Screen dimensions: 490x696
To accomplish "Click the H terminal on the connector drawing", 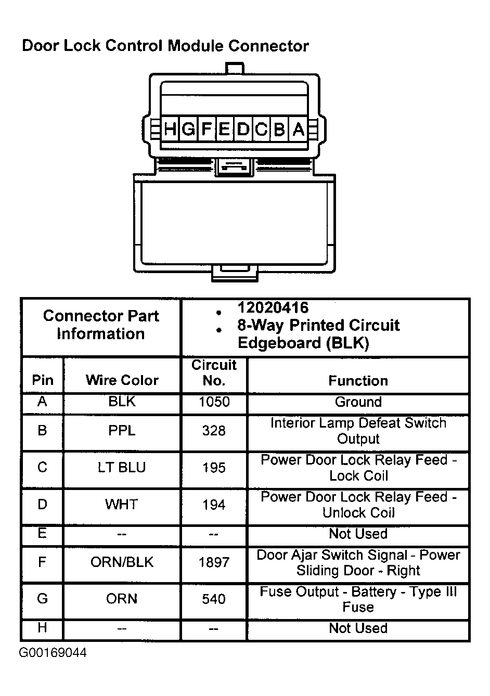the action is coord(170,129).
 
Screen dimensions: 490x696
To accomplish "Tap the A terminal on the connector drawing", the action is coord(298,129).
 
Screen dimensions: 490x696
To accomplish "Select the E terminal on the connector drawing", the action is coord(225,129).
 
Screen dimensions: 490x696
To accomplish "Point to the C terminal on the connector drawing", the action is coord(261,129).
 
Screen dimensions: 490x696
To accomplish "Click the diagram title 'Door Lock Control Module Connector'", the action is coord(165,46).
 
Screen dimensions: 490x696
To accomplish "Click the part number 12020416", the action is coord(273,307).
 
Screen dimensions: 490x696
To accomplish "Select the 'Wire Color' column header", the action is coord(122,380).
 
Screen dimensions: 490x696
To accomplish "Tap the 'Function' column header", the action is coord(358,381).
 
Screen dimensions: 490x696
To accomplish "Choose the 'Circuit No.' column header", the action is coord(214,372).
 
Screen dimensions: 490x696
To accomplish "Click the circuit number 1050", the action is coord(214,402).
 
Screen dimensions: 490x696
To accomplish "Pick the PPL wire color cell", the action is coord(122,431).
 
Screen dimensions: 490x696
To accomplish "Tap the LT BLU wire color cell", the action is coord(122,467).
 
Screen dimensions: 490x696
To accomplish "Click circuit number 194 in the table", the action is coord(214,505).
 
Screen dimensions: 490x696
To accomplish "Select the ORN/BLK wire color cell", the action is coord(122,562).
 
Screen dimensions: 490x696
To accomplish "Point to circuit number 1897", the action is coord(214,562).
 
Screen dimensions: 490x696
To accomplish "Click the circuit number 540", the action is coord(214,599).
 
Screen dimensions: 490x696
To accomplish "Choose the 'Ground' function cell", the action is coord(358,402).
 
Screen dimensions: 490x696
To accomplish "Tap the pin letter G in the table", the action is coord(42,599).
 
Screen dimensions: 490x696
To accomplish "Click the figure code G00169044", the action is coord(53,653).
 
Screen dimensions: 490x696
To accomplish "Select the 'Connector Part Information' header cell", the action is coord(101,325).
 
